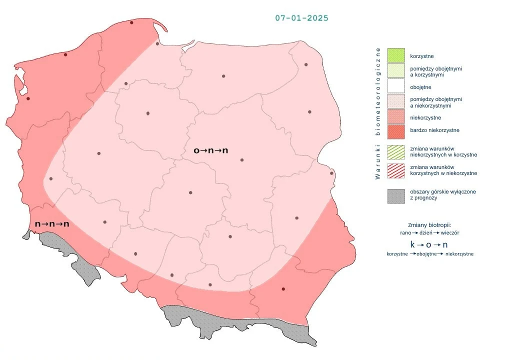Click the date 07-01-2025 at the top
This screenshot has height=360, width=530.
point(301,18)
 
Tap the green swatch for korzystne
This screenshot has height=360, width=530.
point(395,55)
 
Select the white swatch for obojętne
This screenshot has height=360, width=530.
point(395,87)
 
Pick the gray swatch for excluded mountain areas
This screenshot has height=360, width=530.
point(395,195)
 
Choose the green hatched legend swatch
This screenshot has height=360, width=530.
point(395,152)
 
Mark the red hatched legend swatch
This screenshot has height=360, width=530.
point(395,170)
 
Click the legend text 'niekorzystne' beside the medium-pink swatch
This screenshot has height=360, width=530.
point(425,117)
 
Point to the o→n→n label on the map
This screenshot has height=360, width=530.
point(210,150)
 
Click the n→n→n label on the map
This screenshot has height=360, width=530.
point(52,224)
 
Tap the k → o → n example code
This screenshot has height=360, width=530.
point(429,244)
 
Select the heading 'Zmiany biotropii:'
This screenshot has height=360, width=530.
point(430,224)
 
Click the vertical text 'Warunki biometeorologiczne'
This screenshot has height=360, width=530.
point(378,113)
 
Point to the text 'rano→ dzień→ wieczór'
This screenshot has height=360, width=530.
point(430,233)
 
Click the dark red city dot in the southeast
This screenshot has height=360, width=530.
point(283,289)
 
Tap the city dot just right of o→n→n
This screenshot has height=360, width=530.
point(242,160)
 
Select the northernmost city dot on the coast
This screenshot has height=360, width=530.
point(131,22)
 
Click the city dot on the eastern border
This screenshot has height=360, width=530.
point(331,173)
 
